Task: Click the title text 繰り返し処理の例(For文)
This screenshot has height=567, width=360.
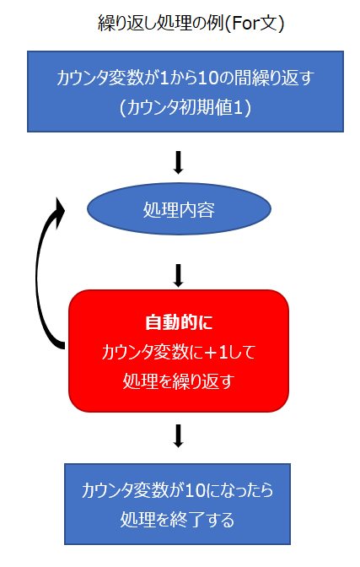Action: point(191,23)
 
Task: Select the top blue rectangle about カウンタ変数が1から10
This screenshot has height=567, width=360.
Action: point(185,91)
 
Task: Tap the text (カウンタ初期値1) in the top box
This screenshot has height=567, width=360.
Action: point(185,107)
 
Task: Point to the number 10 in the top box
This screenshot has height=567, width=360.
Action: point(207,78)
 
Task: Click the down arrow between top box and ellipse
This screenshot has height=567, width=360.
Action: point(178,162)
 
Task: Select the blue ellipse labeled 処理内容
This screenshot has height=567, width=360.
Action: point(179,209)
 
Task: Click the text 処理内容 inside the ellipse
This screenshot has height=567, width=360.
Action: point(179,209)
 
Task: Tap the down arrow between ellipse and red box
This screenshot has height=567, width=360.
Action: point(178,276)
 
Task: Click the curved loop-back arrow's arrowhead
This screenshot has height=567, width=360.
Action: point(59,211)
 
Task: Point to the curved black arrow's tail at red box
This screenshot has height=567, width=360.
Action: point(62,345)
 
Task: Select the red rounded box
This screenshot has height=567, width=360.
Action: point(179,350)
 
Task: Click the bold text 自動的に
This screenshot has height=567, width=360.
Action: point(179,322)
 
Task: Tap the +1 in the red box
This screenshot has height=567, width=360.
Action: point(216,352)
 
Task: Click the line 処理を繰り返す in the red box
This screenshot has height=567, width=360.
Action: point(179,381)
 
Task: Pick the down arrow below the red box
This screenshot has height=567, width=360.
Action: point(178,435)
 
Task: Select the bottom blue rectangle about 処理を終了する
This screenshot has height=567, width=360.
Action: point(177,504)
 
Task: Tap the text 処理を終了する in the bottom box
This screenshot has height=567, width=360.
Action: point(177,519)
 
